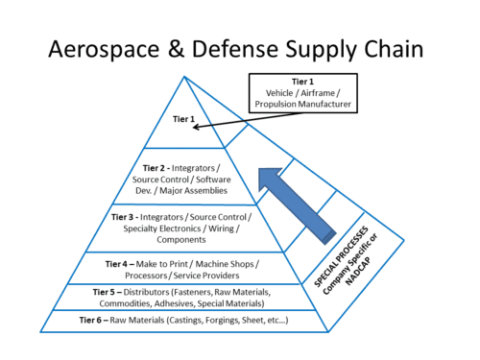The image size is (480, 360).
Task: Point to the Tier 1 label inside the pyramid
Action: [x=183, y=121]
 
